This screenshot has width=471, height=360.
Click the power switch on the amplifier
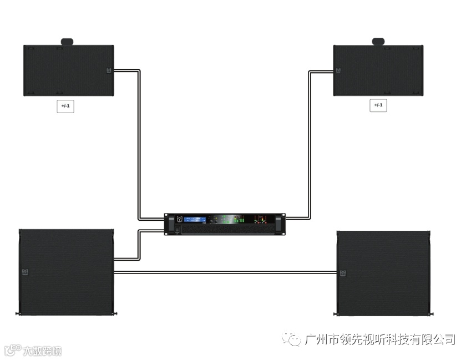click(178, 230)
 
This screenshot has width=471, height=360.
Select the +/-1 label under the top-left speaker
click(65, 105)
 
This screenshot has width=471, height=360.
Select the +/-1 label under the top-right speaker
click(378, 105)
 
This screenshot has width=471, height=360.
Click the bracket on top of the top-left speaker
click(67, 42)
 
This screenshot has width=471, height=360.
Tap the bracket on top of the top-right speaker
click(379, 42)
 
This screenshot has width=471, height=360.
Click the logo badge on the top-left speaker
click(109, 70)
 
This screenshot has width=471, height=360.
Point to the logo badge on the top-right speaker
click(337, 70)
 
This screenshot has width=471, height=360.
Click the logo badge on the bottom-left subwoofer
click(24, 272)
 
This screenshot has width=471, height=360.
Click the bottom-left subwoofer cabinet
click(67, 272)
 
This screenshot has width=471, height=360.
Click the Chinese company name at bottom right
click(380, 339)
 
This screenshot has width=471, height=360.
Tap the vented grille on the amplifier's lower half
click(233, 230)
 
